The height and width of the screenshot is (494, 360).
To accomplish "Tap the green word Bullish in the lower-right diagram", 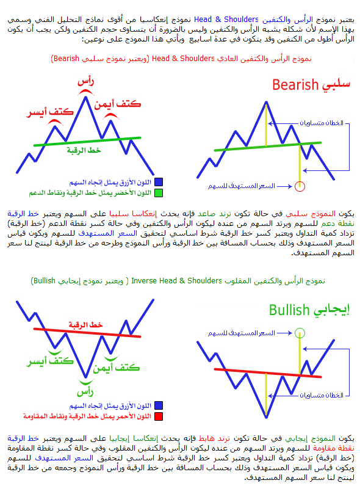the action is (x=289, y=310).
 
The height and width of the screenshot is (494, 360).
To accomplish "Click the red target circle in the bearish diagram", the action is (x=300, y=186).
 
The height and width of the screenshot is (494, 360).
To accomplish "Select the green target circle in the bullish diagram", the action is (x=300, y=333).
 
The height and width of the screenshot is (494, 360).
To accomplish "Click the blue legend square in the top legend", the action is (x=159, y=182).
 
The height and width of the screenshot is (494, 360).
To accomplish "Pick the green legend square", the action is (x=159, y=193).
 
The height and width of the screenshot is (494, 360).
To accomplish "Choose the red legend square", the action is (x=159, y=416).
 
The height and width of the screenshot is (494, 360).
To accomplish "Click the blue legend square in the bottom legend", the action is (x=159, y=405).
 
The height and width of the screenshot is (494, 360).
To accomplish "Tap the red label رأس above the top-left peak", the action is (x=85, y=81).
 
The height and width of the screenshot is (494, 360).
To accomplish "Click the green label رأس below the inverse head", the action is (x=85, y=391).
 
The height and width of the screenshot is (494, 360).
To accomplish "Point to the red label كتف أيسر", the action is (x=49, y=112).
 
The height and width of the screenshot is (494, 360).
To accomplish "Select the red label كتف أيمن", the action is (x=117, y=104).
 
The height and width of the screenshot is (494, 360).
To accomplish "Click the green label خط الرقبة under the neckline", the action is (x=84, y=150).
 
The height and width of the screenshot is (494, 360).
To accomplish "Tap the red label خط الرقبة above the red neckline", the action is (x=86, y=325).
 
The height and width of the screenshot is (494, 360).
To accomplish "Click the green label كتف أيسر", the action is (x=49, y=361).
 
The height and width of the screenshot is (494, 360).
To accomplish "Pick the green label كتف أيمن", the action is (x=116, y=368).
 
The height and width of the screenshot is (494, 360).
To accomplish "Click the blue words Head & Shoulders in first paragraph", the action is (x=226, y=20).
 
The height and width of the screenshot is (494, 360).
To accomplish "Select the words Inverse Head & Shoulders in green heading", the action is (x=176, y=281).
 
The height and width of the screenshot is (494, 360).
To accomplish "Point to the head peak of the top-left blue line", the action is (x=85, y=97).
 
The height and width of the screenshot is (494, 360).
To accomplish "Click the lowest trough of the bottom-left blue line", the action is (x=85, y=377).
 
